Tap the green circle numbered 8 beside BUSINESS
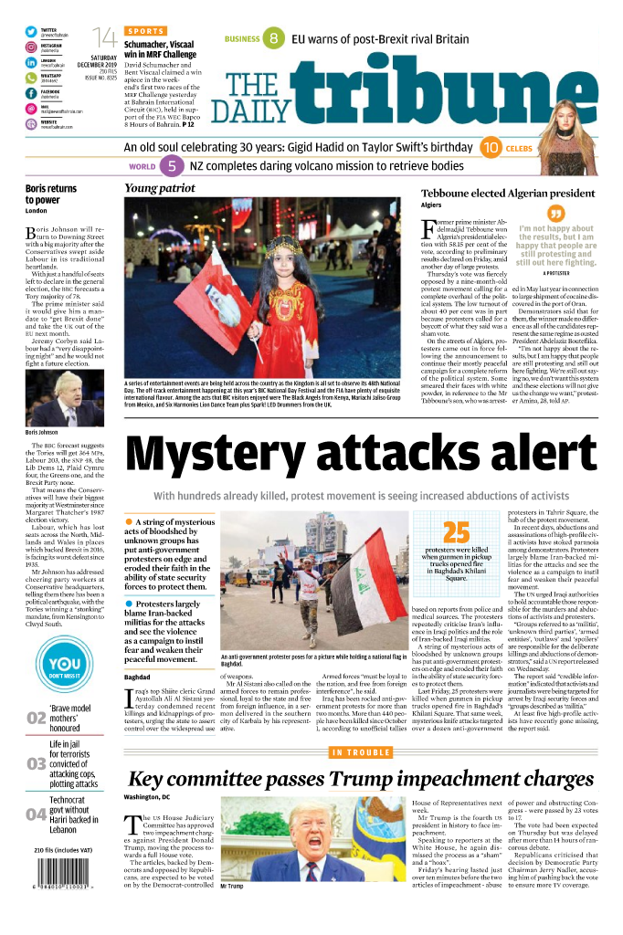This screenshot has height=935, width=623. tap(273, 38)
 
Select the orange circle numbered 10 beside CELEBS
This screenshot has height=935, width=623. tap(490, 147)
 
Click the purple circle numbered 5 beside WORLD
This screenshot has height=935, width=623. tap(171, 167)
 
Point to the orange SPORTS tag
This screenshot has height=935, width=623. tap(145, 31)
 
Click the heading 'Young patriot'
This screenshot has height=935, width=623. tap(160, 188)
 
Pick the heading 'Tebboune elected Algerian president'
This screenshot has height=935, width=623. tap(507, 194)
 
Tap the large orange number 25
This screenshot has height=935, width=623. tap(456, 532)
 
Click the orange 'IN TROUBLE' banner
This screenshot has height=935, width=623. tap(361, 752)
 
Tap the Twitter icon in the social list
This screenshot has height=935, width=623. tap(31, 32)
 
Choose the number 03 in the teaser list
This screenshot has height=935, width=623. tap(36, 763)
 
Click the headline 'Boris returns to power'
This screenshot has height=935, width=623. tap(51, 194)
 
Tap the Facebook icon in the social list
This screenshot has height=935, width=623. tap(31, 92)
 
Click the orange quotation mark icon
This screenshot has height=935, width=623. tap(555, 214)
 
